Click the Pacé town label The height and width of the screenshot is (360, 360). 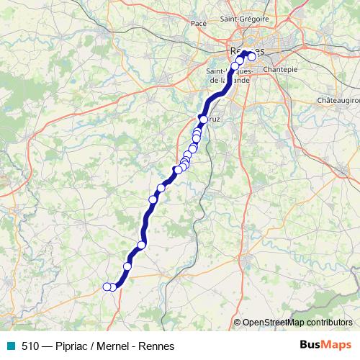click(199, 24)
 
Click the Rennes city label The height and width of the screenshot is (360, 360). click(245, 51)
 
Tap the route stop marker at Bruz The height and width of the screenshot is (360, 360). click(204, 120)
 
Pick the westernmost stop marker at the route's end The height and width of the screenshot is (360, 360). click(107, 287)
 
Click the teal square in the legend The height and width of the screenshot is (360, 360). click(10, 346)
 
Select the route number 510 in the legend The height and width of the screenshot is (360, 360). click(30, 346)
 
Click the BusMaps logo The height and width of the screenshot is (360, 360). click(325, 346)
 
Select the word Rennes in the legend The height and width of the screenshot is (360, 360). click(156, 346)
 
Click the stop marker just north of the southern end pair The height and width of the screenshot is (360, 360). click(127, 266)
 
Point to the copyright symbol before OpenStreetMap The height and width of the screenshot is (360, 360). click(237, 323)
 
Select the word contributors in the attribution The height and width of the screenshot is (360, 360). click(329, 323)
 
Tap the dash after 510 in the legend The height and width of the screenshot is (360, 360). click(47, 346)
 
